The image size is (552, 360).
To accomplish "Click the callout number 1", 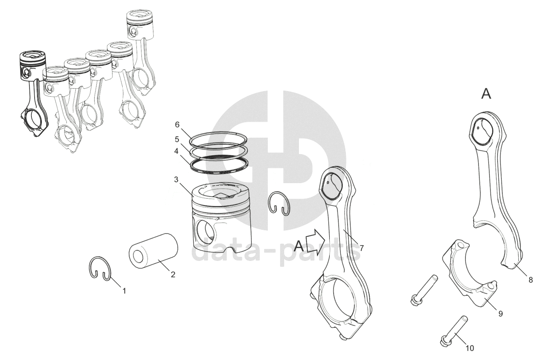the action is [124, 291].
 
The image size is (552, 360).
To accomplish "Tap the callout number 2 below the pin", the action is [173, 274].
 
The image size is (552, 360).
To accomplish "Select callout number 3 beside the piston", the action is [176, 180].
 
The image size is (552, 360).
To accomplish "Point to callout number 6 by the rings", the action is [177, 125].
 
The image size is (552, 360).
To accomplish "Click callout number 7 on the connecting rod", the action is [362, 248].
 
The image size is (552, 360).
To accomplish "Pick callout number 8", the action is [530, 280].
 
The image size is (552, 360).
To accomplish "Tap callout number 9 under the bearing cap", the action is [501, 314].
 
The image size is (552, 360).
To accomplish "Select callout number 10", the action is [470, 348].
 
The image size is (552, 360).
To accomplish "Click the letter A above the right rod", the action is [486, 94].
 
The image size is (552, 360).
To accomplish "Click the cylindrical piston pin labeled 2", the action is [153, 251].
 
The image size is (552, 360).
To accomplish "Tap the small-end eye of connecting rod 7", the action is [332, 186].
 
